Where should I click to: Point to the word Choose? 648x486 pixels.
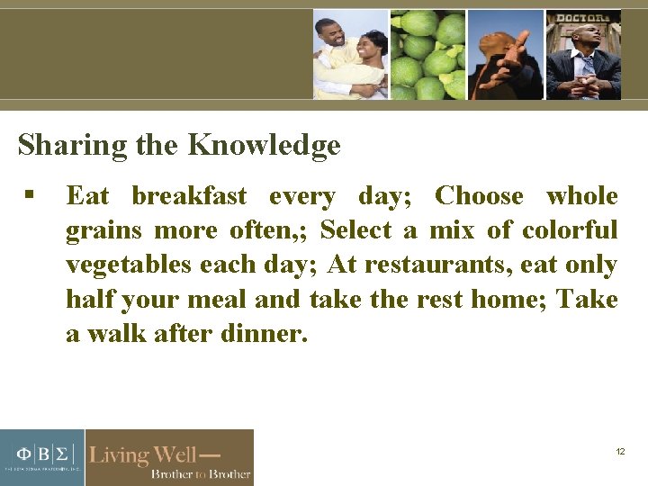[x=479, y=196]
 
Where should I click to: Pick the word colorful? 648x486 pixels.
[x=570, y=230]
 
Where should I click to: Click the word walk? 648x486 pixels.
[x=114, y=335]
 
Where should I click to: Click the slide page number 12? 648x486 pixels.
[x=620, y=451]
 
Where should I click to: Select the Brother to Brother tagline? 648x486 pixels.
[x=200, y=473]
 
